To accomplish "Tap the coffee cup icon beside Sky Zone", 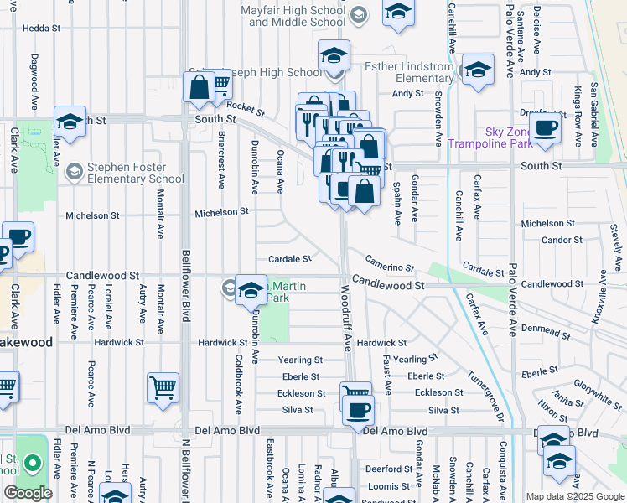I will point(545,127).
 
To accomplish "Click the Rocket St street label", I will point(246,108).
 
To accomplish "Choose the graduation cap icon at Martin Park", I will point(250,290).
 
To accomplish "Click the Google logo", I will point(28,493).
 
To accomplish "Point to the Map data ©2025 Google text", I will point(575,495).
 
